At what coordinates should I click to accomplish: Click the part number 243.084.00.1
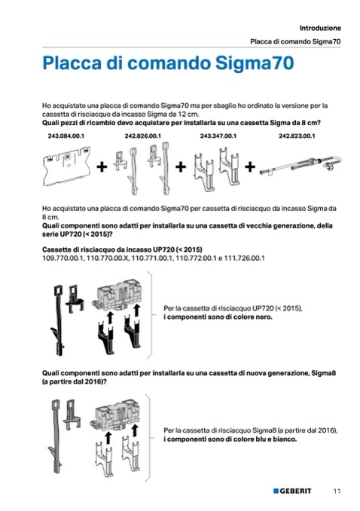[x=66, y=136]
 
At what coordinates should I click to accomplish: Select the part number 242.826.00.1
[x=142, y=136]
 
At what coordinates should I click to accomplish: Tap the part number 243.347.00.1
[x=218, y=136]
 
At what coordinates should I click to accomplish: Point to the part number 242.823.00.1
[x=297, y=136]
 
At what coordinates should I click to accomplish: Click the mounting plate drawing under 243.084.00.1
[x=66, y=167]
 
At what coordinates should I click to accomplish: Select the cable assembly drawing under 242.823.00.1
[x=301, y=166]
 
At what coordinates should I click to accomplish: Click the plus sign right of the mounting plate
[x=102, y=167]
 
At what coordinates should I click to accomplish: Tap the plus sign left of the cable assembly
[x=250, y=167]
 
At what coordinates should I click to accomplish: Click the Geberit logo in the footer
[x=292, y=491]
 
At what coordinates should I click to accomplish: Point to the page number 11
[x=337, y=491]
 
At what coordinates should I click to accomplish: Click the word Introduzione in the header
[x=320, y=28]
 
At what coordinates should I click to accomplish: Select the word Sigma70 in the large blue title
[x=255, y=63]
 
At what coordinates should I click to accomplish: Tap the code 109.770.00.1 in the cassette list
[x=63, y=259]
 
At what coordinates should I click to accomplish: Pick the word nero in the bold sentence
[x=264, y=317]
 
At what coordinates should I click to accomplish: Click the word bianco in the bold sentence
[x=285, y=439]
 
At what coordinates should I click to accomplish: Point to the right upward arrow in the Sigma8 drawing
[x=135, y=430]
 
